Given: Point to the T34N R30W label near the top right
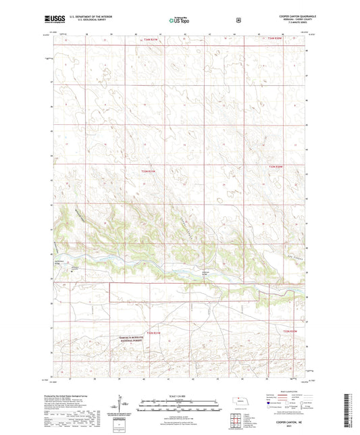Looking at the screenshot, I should click(274, 39).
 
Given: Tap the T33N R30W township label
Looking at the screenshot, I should click(274, 166).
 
